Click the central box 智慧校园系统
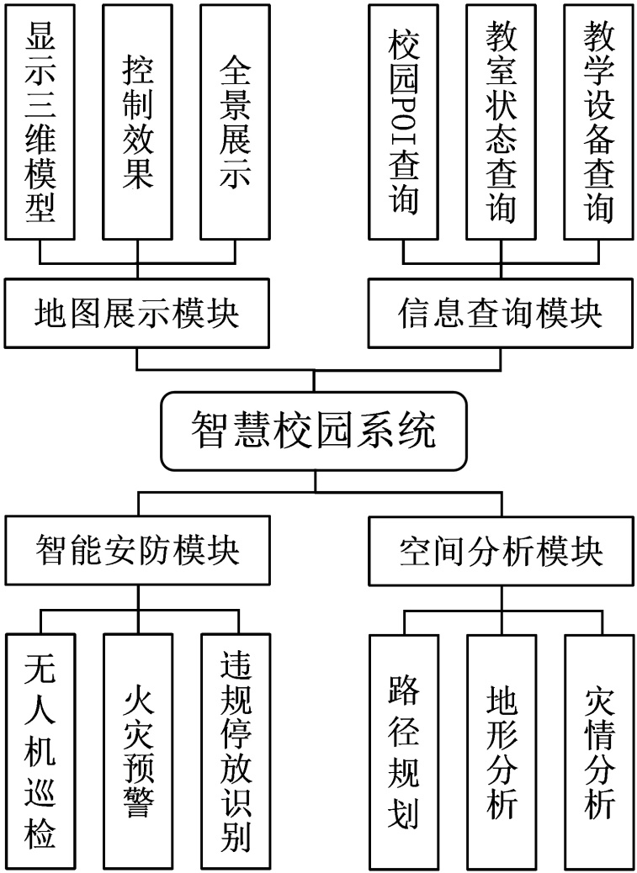click(313, 431)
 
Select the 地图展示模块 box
click(137, 315)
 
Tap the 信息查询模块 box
click(500, 315)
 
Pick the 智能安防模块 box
click(137, 552)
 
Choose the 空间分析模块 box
click(500, 552)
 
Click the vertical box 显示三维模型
click(40, 121)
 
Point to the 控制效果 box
click(137, 121)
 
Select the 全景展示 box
click(235, 121)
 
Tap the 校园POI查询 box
click(403, 121)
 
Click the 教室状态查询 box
click(501, 121)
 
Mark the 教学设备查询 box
click(598, 121)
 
